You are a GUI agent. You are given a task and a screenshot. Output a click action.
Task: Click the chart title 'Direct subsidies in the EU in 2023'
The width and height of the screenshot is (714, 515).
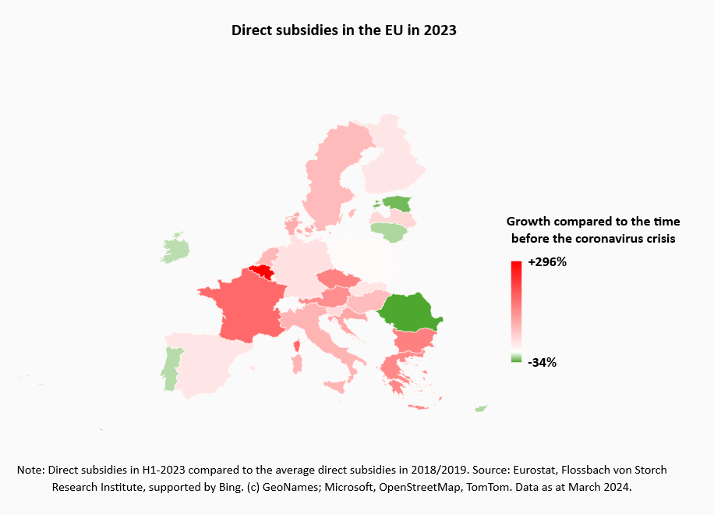click(344, 30)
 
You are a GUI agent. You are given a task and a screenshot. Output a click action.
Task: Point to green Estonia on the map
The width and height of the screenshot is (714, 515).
click(399, 204)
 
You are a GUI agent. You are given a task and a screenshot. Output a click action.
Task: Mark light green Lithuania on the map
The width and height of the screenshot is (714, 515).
click(388, 231)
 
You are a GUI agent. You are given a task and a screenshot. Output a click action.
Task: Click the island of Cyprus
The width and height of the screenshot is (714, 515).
click(482, 409)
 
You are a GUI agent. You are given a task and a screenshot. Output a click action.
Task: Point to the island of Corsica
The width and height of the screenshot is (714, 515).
click(296, 346)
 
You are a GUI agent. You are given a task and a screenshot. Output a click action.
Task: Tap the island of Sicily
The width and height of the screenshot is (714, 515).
click(334, 385)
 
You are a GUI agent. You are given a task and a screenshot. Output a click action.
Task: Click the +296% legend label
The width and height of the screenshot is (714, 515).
click(547, 262)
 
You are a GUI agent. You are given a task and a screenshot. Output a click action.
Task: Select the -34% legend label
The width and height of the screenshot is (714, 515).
click(542, 362)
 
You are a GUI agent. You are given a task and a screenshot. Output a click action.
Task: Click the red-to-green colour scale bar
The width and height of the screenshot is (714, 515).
click(516, 311)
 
